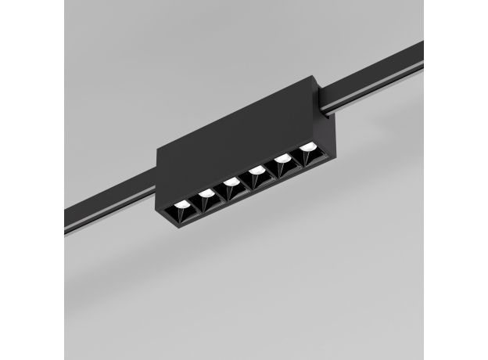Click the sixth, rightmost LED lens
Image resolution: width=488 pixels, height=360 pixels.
[308, 146]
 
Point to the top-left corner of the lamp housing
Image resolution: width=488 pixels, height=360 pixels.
[157, 147]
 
